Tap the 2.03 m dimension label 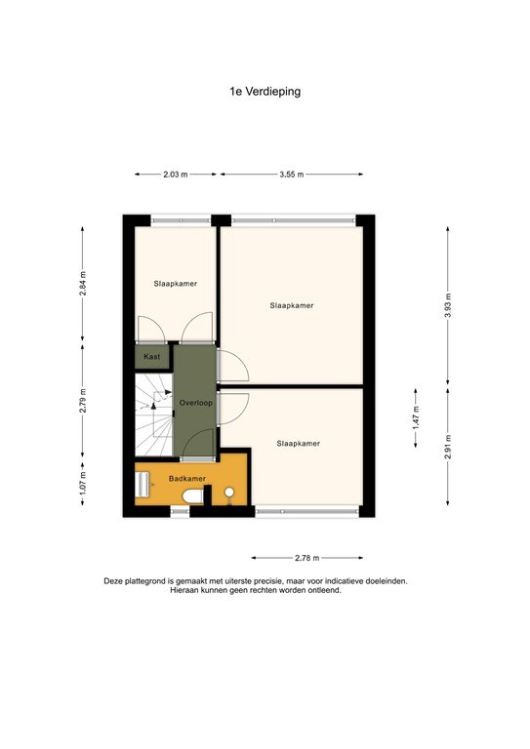click(176, 175)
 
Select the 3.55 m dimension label click(292, 175)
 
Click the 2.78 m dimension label click(306, 558)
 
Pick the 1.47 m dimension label click(415, 422)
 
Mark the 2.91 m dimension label click(448, 447)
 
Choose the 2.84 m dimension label click(83, 283)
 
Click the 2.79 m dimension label click(83, 402)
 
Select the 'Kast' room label click(152, 357)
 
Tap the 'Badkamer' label click(186, 479)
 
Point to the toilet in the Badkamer click(195, 497)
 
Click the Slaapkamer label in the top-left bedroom click(176, 284)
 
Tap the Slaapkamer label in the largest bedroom click(292, 305)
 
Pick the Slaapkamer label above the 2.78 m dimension click(298, 443)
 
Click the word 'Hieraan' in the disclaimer click(186, 589)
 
